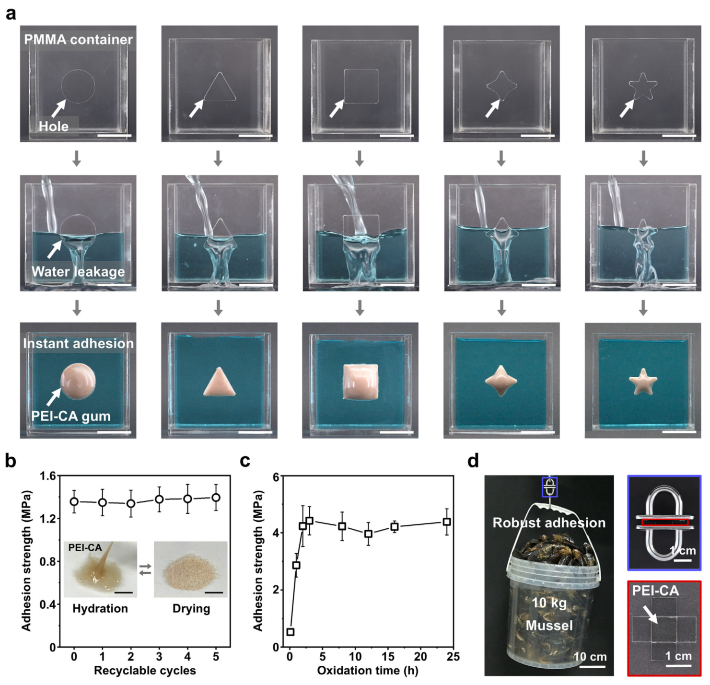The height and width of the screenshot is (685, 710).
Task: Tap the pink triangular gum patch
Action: [219, 383]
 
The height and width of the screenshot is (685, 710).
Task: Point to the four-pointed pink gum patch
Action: [501, 381]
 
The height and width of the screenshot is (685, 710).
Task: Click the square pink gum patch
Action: [361, 382]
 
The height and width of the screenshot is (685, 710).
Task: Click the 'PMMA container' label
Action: [79, 39]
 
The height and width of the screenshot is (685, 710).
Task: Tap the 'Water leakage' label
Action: [78, 271]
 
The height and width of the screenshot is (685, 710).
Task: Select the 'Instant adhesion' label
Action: [78, 343]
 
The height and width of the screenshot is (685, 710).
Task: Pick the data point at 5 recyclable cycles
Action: [216, 498]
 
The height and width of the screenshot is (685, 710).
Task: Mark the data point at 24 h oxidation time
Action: [447, 522]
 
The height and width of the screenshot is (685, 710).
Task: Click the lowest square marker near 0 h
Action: [291, 632]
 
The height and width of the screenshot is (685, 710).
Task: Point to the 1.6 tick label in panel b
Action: [48, 476]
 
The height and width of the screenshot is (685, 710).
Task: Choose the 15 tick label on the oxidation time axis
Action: [388, 657]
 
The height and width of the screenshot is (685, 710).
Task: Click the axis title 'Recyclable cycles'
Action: [145, 671]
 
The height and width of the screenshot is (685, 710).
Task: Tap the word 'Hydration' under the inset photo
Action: [100, 608]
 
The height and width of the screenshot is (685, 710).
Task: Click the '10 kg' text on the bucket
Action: [549, 603]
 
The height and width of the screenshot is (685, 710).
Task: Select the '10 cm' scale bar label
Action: [590, 657]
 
